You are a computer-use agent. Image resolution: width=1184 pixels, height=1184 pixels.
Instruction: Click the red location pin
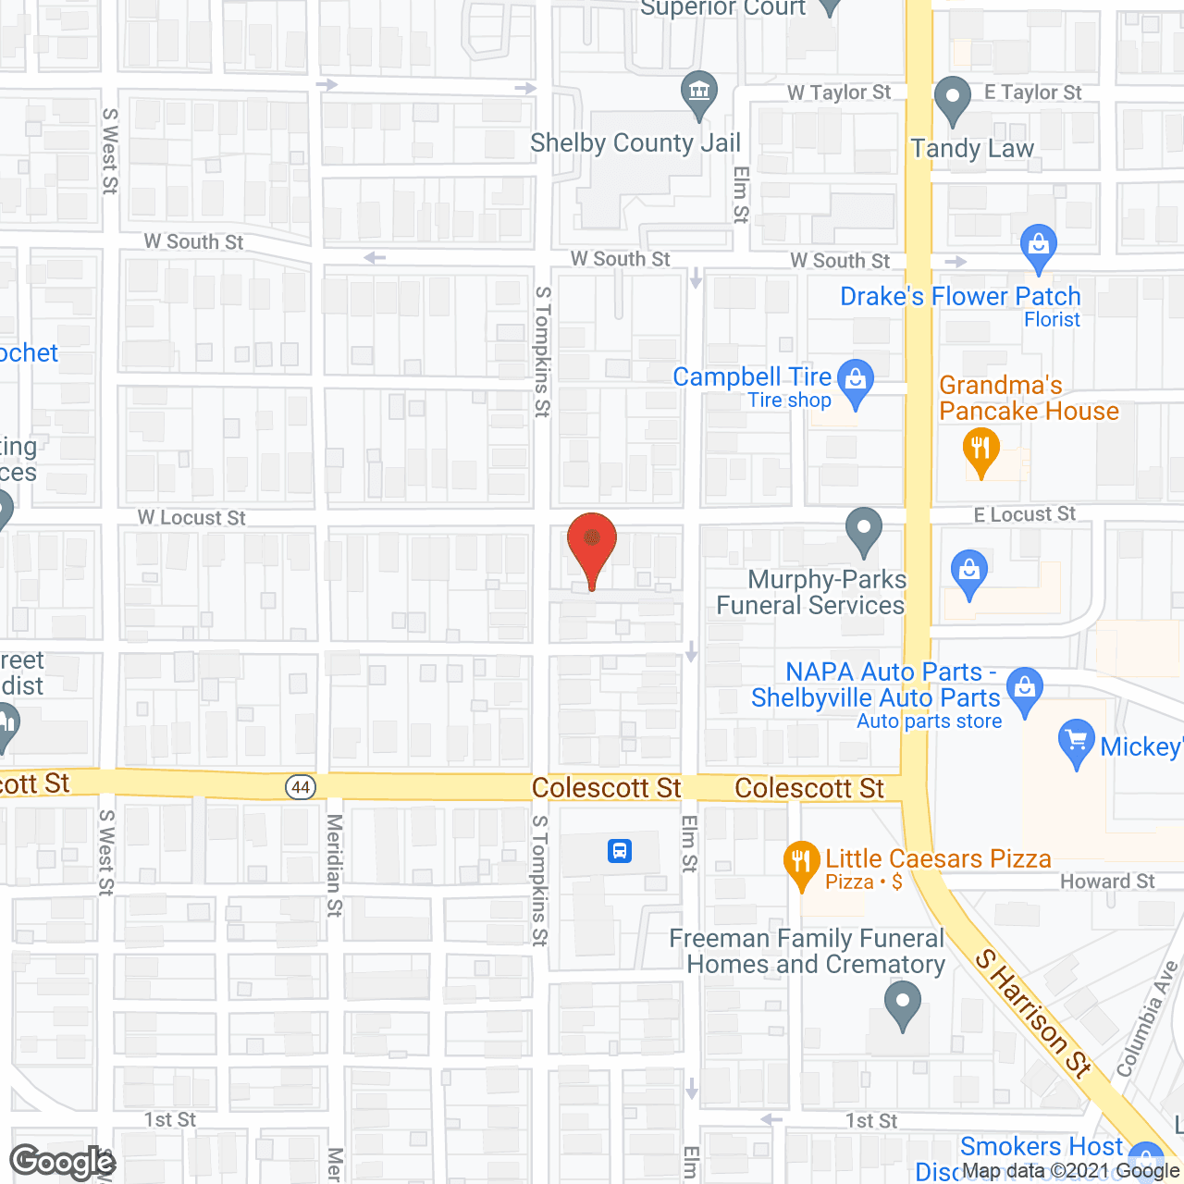coord(591,544)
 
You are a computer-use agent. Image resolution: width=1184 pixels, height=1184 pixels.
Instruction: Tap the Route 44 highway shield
coord(301,787)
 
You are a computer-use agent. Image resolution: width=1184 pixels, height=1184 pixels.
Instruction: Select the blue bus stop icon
coord(620,850)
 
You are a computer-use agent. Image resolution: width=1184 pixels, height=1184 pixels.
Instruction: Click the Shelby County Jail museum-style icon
coord(699,92)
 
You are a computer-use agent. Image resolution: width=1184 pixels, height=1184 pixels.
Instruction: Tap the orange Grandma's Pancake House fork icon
coord(980,450)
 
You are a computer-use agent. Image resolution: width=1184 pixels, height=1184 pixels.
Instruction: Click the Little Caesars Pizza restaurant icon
coord(801,862)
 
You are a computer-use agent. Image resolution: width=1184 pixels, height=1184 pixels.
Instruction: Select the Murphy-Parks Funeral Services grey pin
coord(864,530)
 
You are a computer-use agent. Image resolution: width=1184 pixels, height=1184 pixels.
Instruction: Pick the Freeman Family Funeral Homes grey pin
coord(902,1003)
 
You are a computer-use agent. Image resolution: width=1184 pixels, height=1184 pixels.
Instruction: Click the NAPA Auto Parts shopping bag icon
coord(1024,689)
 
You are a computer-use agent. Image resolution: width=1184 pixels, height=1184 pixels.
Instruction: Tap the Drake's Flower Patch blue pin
coord(1038,247)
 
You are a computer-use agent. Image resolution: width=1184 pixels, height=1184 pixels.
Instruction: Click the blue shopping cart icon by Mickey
coord(1076,742)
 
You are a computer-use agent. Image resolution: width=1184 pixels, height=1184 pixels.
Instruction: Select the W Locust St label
coord(191,518)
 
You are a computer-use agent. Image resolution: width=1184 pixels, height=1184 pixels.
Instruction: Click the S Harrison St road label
coord(1034,1013)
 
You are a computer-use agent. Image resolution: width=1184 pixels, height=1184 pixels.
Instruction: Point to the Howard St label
coord(1107,882)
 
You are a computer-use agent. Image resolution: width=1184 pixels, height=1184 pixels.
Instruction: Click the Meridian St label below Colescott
coord(334,865)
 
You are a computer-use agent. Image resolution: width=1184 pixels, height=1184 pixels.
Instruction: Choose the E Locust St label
coord(1025,514)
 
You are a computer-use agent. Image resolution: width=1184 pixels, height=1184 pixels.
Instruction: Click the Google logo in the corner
coord(63,1162)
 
